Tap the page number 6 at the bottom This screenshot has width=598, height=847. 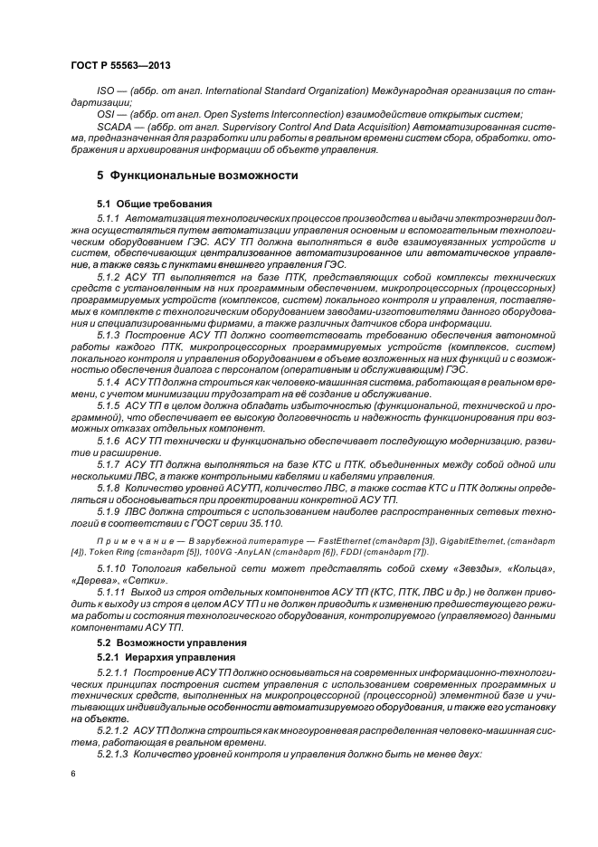point(72,775)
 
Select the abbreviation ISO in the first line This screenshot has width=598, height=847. point(105,93)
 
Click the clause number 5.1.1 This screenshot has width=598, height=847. point(109,219)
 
